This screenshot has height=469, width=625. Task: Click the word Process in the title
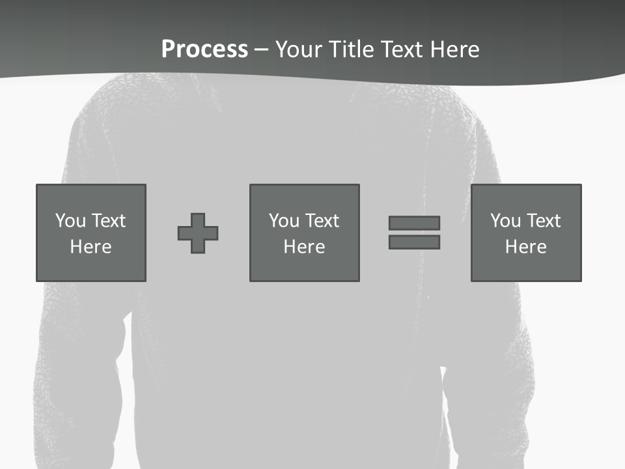pos(204,50)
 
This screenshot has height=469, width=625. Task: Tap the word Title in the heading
pos(349,50)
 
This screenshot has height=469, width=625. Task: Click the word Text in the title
pos(404,50)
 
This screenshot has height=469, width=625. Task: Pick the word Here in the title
pos(457,50)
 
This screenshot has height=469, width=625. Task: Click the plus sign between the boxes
pos(198,233)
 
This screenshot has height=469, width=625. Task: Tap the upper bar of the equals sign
pos(414,223)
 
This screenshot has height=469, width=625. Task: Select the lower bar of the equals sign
pos(414,242)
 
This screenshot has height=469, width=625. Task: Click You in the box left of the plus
pos(70,221)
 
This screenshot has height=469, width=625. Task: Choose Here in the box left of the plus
pos(90,247)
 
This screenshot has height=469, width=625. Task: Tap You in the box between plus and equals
pos(284,221)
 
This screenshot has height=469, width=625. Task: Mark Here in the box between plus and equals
pos(304,247)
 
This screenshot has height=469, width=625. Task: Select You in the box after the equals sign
pos(505,221)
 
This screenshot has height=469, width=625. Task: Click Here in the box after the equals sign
pos(525,247)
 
